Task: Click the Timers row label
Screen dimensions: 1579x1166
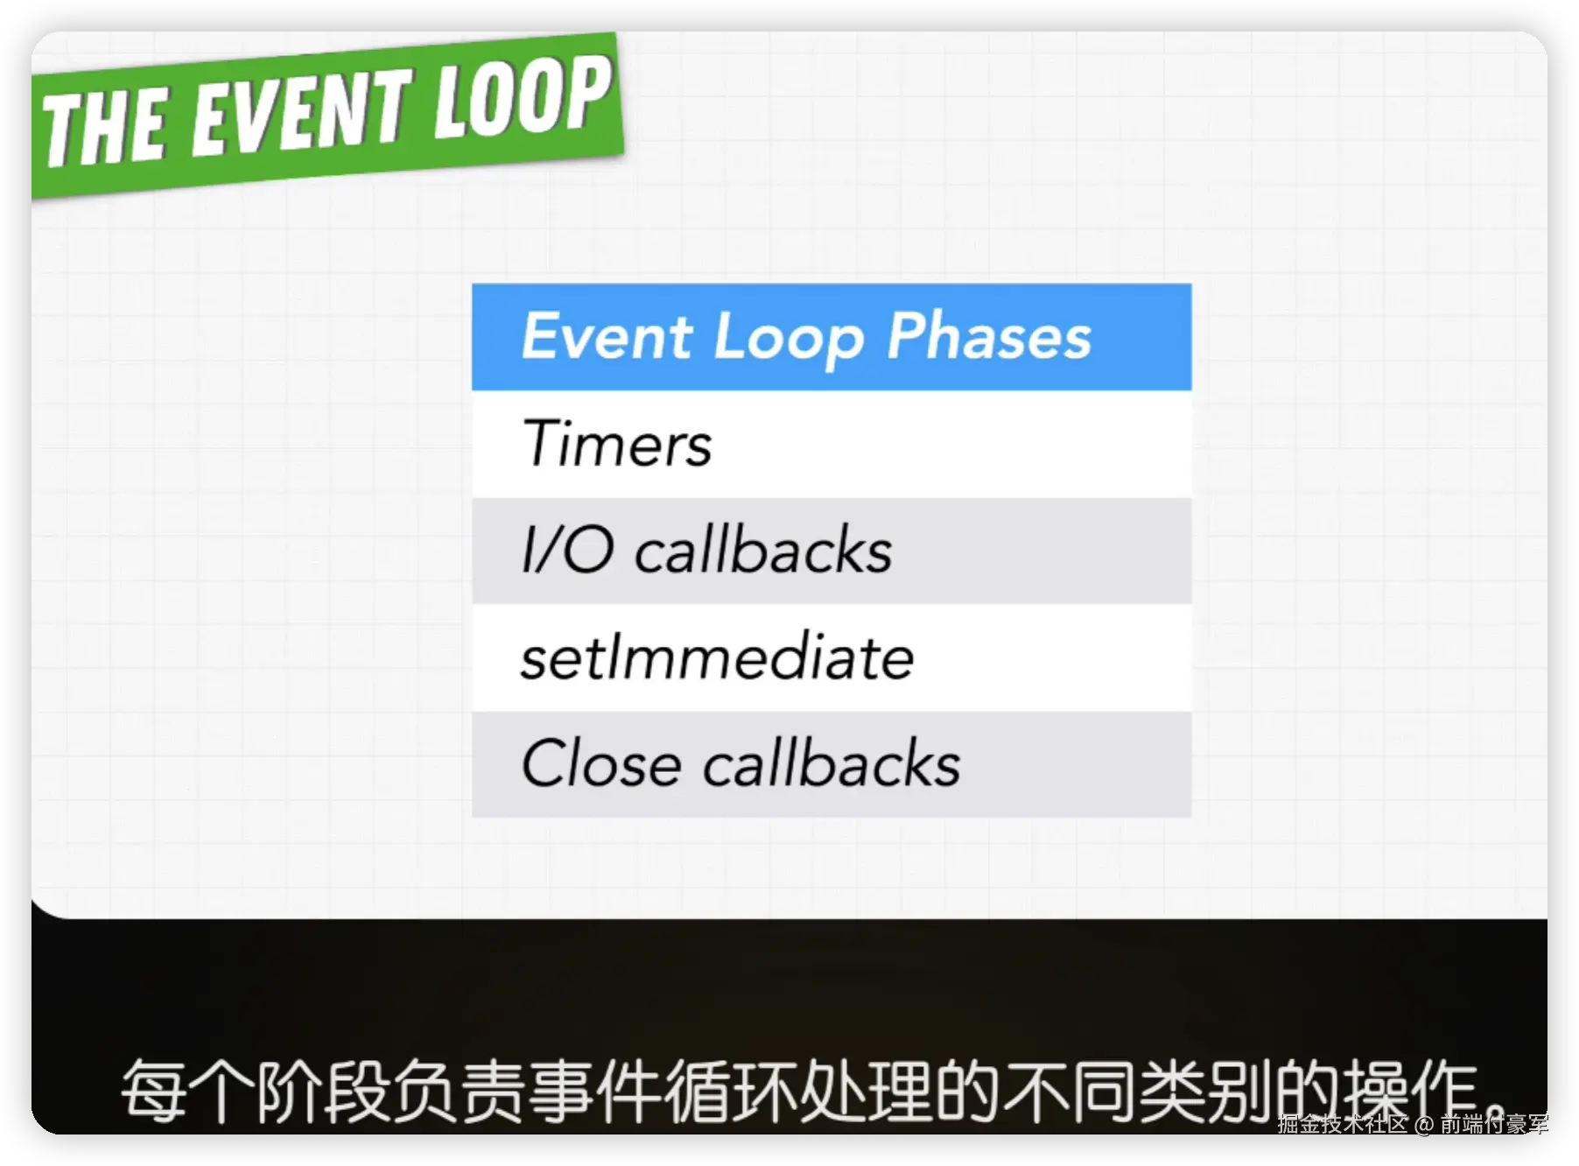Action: tap(617, 443)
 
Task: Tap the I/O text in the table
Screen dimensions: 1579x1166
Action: tap(567, 549)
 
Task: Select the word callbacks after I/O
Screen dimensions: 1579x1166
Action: tap(763, 549)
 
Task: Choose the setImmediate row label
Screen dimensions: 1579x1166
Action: tap(717, 656)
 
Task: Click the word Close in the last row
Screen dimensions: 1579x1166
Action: tap(600, 762)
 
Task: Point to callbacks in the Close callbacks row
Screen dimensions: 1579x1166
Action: tap(832, 762)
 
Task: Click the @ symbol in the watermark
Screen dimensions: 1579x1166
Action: tap(1423, 1124)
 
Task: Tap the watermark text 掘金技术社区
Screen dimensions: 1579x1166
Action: tap(1343, 1124)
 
